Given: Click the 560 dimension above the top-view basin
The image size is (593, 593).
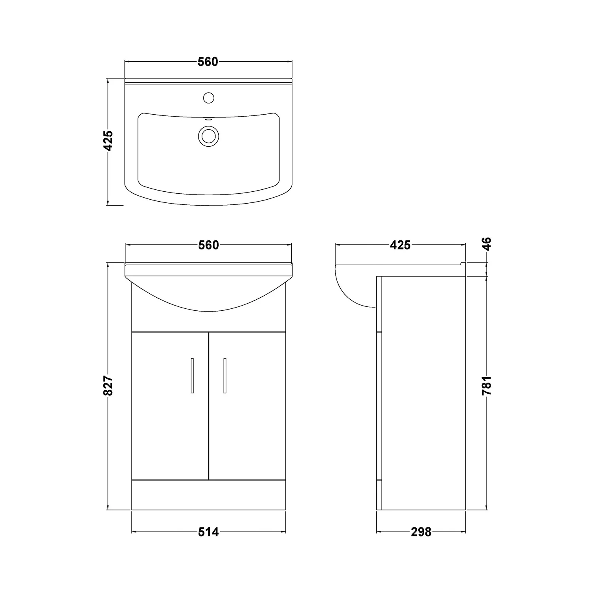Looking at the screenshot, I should (208, 62).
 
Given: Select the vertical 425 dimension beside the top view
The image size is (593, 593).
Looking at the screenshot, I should (108, 141).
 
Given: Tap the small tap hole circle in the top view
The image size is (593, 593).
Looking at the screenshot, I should (208, 97).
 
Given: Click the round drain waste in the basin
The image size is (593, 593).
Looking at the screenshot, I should (208, 135).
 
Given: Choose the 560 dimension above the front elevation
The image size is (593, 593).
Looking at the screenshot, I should (208, 246).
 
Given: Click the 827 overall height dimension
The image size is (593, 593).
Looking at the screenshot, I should (108, 385).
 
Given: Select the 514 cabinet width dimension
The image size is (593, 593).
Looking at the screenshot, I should (208, 532).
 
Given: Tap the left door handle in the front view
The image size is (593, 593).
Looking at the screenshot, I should (192, 376).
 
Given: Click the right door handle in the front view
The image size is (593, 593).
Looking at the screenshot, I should (225, 376).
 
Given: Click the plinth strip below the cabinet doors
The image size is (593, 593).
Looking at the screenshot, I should (208, 495).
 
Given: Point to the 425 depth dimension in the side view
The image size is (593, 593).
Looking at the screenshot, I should (400, 246).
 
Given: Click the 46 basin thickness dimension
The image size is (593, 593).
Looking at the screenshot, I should (487, 244).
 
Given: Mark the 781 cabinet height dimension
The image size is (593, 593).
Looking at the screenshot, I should (487, 385).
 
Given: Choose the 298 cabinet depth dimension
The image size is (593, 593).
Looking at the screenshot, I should (421, 532).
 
